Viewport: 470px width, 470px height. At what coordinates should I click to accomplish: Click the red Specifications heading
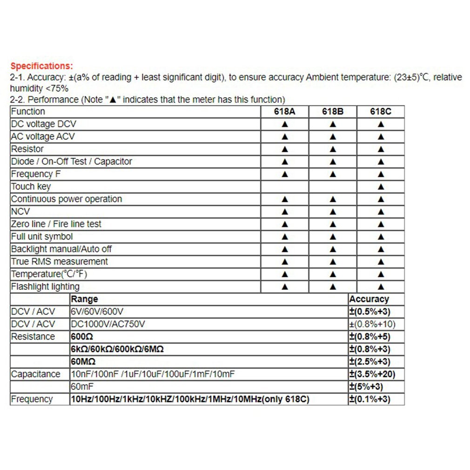click(42, 66)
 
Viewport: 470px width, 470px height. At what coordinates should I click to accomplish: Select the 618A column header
click(285, 112)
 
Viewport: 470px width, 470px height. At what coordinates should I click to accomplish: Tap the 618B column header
click(333, 112)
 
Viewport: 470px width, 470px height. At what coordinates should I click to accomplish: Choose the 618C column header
click(381, 112)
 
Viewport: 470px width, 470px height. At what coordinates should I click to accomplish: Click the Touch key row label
click(31, 187)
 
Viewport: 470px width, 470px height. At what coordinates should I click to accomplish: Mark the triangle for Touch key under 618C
click(381, 187)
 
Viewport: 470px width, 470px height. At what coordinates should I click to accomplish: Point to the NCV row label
click(20, 212)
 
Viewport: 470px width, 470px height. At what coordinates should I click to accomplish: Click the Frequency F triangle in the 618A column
click(285, 174)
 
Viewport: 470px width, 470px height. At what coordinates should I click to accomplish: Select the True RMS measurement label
click(60, 262)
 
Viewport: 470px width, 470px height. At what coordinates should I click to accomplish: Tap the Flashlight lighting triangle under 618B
click(333, 287)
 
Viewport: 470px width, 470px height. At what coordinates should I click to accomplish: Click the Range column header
click(84, 299)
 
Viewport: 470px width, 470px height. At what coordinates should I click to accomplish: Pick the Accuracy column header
click(369, 299)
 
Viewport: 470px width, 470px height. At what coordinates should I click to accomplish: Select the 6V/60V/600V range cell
click(97, 312)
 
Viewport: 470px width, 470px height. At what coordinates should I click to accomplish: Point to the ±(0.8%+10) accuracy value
click(372, 324)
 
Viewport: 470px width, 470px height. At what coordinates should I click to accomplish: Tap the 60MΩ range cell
click(83, 362)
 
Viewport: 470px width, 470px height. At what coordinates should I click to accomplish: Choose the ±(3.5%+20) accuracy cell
click(372, 374)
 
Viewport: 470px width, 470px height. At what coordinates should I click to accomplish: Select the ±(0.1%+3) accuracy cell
click(370, 399)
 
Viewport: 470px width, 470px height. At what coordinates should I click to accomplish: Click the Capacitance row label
click(36, 374)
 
